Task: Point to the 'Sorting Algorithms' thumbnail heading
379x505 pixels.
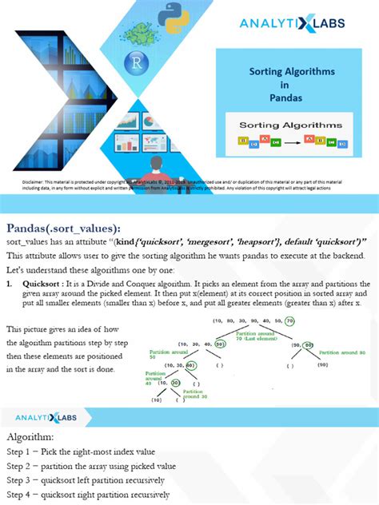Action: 291,125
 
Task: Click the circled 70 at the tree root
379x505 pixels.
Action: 289,320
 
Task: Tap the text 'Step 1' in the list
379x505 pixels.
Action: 22,452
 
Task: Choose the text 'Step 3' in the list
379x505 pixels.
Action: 22,480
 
